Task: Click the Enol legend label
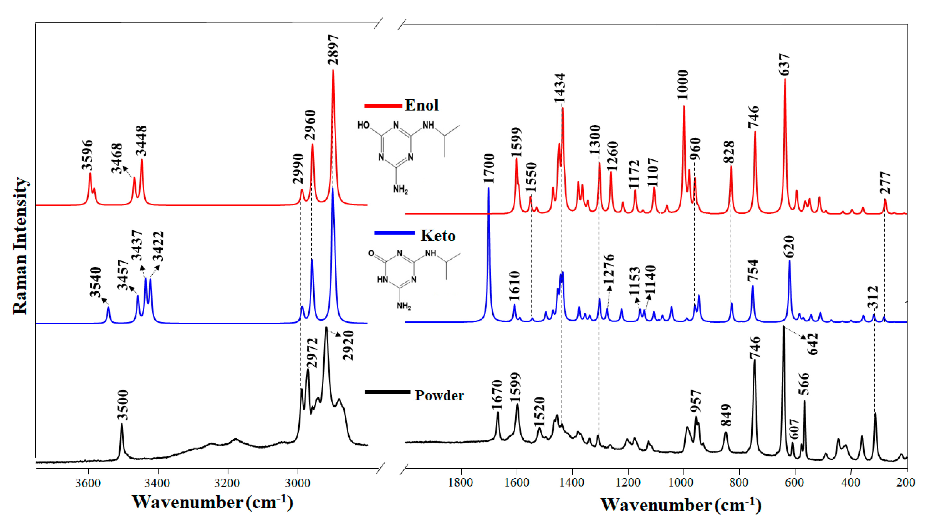point(421,105)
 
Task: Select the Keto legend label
point(438,236)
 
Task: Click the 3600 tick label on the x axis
point(88,483)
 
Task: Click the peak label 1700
point(489,169)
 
